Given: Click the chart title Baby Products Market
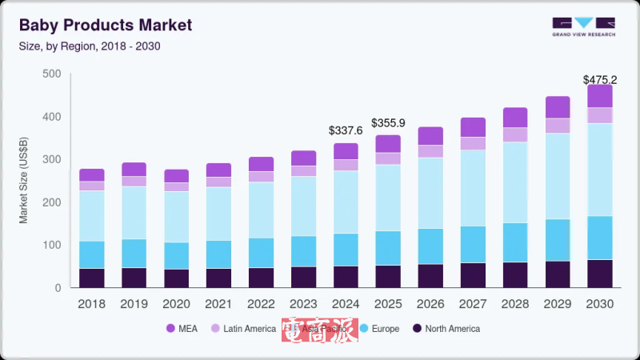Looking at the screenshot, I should click(106, 25).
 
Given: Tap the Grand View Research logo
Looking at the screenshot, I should click(582, 26).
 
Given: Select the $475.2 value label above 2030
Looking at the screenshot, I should click(599, 80).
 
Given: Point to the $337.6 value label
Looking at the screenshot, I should click(346, 130).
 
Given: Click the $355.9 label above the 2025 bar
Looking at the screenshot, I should click(388, 122).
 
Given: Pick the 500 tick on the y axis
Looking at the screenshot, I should click(51, 74).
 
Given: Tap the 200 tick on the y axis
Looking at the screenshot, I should click(51, 202).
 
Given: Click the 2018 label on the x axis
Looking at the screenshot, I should click(92, 304).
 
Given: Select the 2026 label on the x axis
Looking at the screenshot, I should click(430, 304).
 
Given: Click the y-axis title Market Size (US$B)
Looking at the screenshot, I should click(24, 180).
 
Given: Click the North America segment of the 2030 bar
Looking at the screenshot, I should click(599, 274).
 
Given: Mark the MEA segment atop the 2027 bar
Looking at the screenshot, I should click(473, 127).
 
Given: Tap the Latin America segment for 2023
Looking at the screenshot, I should click(303, 170).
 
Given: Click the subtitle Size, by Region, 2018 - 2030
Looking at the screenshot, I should click(90, 46).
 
